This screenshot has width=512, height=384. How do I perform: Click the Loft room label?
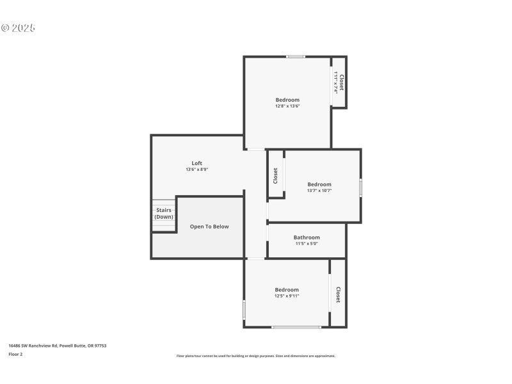pos(196,163)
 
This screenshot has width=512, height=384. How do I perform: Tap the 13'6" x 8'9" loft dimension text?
pos(196,170)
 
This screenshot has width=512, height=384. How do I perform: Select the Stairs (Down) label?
pos(164,213)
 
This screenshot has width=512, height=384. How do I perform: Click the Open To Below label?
pos(209,227)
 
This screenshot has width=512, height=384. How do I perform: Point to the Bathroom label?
pos(307,237)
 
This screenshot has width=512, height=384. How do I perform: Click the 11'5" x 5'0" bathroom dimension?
pos(307,244)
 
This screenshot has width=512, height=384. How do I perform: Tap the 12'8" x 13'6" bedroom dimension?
pos(287,106)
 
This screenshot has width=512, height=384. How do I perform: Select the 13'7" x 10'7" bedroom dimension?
pos(319,191)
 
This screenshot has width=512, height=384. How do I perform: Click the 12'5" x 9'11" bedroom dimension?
pos(287,296)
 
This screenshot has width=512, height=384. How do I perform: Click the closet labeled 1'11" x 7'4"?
pos(339,83)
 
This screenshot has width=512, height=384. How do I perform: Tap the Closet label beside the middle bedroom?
pos(275,175)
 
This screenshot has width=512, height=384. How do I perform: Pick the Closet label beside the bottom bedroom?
pos(338,294)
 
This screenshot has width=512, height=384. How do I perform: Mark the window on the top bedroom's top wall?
pos(296,57)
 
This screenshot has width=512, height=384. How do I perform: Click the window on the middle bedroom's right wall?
pos(360,188)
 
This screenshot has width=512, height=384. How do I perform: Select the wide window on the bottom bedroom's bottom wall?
pos(296,327)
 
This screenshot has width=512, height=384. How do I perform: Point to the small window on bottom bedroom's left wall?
pos(244,310)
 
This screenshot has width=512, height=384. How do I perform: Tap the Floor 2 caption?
pos(15,354)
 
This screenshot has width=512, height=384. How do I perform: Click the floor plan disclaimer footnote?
pos(255,356)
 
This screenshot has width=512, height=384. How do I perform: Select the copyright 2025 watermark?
pos(18,28)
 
